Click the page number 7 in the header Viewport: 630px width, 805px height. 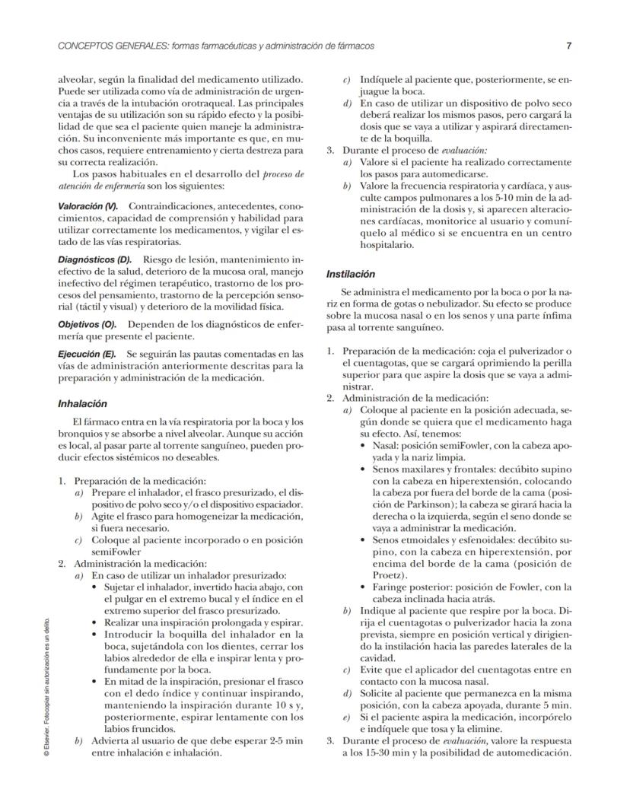tap(568, 46)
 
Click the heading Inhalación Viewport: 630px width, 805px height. tap(82, 404)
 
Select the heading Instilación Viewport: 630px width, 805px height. tap(350, 273)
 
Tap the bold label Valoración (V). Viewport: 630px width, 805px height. tap(87, 206)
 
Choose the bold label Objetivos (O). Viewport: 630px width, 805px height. tap(87, 324)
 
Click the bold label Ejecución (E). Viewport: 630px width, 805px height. tap(87, 355)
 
